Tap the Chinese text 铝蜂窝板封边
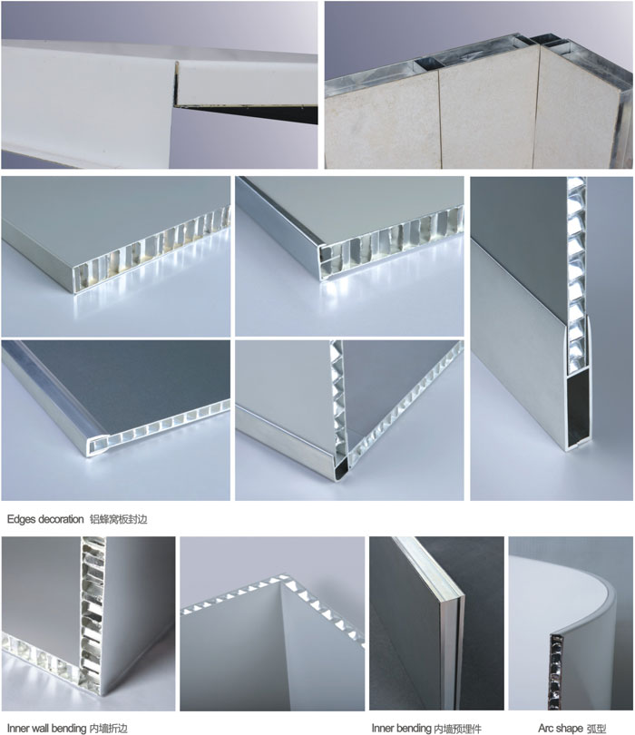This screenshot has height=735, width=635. click(118, 519)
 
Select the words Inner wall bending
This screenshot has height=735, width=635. click(46, 728)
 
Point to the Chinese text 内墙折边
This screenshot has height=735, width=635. click(108, 728)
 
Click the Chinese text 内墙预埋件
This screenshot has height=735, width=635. click(457, 728)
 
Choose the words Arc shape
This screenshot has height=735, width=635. click(561, 728)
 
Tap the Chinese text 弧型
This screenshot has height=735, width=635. click(596, 728)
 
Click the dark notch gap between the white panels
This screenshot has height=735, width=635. click(244, 110)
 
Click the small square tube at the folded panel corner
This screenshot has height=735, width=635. click(342, 468)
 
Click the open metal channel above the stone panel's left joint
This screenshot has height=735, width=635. click(428, 64)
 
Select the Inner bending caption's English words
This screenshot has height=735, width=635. click(401, 728)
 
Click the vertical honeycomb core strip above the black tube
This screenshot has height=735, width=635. click(576, 262)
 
